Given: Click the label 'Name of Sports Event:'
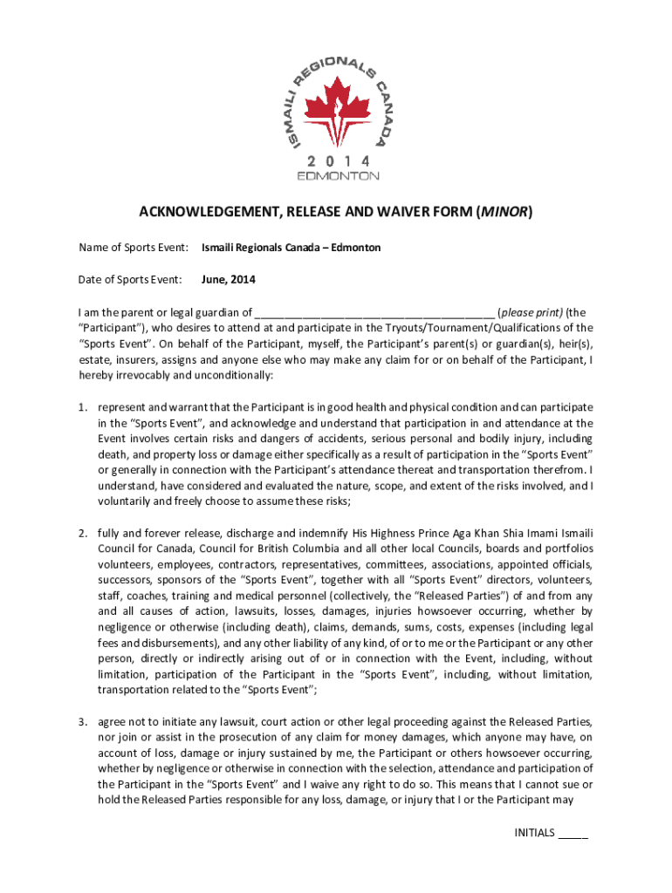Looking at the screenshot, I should tap(134, 248).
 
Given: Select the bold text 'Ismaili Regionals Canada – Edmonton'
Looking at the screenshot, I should tap(291, 248).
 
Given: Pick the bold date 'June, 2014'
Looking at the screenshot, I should tap(229, 280).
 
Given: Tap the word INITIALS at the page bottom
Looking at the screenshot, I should tap(534, 833).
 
